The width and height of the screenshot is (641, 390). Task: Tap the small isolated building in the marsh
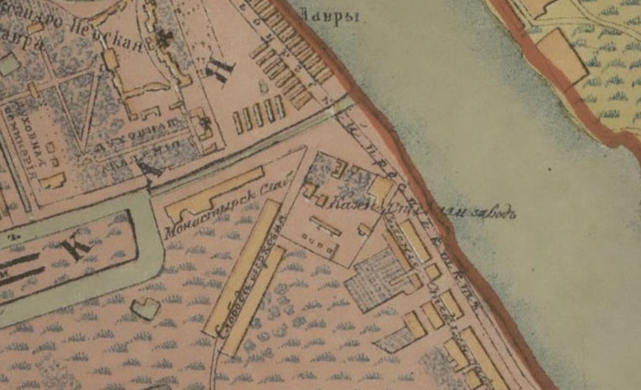tap(145, 308)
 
